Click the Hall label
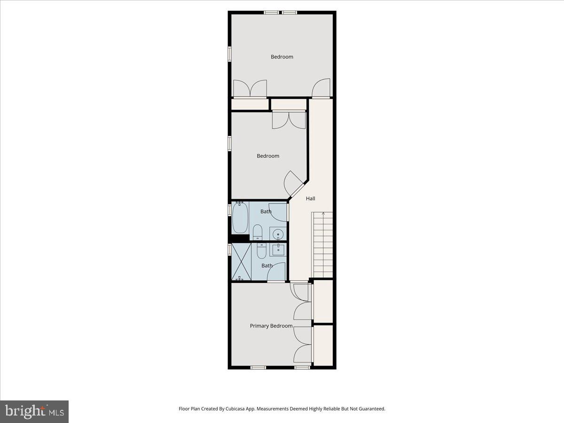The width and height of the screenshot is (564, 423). point(310,199)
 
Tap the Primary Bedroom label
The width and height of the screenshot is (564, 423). point(271,326)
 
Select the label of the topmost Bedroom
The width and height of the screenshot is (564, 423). point(282,57)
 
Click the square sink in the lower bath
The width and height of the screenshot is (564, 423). point(278,249)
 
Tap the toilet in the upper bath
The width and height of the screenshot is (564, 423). point(258,232)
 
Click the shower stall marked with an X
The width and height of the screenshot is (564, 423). point(242,262)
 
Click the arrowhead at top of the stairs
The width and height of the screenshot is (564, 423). point(323,214)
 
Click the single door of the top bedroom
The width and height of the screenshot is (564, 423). point(321,88)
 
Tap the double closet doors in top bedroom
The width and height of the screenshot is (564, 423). point(251,88)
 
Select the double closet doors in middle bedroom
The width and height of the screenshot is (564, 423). point(289,119)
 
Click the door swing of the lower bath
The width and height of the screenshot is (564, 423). point(277,271)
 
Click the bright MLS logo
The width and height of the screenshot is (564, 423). point(34,412)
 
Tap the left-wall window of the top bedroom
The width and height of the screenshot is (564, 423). point(230,53)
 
